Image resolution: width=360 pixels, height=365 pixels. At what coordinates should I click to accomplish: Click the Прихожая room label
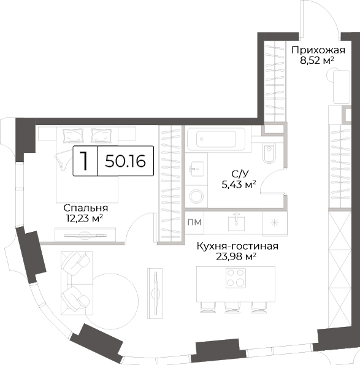[318, 50]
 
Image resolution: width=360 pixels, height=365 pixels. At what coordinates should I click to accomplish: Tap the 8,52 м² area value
[317, 61]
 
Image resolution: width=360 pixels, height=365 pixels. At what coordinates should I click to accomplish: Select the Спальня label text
[86, 208]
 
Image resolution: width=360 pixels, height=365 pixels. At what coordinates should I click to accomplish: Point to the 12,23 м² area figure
[85, 218]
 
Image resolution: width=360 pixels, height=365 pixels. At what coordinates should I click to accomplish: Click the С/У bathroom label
[240, 174]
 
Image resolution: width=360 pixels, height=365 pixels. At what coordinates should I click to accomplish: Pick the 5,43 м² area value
[239, 185]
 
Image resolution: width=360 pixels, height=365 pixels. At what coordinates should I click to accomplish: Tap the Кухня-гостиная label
[237, 246]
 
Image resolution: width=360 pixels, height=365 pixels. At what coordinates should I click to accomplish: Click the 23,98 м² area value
[236, 257]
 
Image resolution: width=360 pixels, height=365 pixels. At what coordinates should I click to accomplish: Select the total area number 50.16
[125, 161]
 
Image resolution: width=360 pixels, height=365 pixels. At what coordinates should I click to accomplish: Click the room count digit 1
[84, 161]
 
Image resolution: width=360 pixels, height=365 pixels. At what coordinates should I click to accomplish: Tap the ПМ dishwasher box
[194, 222]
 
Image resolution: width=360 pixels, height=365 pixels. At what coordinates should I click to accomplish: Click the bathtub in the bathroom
[216, 139]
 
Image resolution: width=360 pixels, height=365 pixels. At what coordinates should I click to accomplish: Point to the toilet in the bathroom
[269, 153]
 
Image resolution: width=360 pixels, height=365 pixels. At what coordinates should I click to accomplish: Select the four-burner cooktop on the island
[236, 278]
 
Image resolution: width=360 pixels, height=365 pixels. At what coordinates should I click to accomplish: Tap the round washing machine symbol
[196, 196]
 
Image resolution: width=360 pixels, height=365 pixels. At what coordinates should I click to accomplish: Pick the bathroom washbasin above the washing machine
[197, 169]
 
